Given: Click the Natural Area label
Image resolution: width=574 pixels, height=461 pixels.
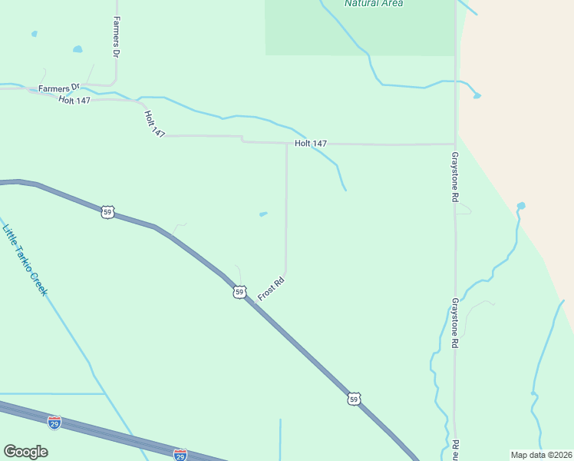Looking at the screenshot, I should click(x=374, y=3).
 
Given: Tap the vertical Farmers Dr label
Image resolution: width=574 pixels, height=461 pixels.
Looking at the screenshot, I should click(x=117, y=38).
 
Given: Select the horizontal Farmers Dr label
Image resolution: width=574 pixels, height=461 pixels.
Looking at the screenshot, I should click(x=60, y=88).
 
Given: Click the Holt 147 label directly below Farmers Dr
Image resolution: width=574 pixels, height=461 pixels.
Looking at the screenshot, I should click(x=74, y=101).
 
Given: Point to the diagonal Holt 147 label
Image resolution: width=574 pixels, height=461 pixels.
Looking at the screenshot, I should click(x=154, y=124).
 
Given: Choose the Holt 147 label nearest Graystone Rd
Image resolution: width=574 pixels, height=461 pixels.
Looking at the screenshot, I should click(x=311, y=144).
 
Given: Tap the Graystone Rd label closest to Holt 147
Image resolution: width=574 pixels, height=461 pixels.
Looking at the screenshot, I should click(x=454, y=176).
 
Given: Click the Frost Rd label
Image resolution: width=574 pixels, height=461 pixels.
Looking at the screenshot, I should click(x=271, y=289).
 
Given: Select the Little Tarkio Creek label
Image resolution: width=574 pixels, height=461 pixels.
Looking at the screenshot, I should click(x=25, y=259).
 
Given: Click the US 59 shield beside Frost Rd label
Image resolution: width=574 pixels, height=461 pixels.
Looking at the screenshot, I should click(x=240, y=292).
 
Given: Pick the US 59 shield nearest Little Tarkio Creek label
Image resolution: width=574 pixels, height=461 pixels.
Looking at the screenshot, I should click(x=107, y=211).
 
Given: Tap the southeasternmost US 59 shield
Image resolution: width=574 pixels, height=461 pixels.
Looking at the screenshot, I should click(x=353, y=398).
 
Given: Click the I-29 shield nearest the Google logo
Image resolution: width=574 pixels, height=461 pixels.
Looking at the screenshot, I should click(x=54, y=423).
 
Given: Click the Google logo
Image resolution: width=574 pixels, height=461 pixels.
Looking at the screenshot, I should click(x=25, y=452).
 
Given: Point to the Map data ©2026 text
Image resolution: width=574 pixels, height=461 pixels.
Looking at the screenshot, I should click(x=541, y=455).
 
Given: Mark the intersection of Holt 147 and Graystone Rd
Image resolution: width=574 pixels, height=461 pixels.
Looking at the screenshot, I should click(x=455, y=144).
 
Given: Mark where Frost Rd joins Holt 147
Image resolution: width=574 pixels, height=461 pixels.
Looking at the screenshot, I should click(x=287, y=143).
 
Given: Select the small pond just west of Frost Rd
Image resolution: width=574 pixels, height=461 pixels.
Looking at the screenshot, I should click(x=263, y=214).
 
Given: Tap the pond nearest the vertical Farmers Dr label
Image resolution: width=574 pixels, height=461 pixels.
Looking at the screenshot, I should click(x=78, y=50).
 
